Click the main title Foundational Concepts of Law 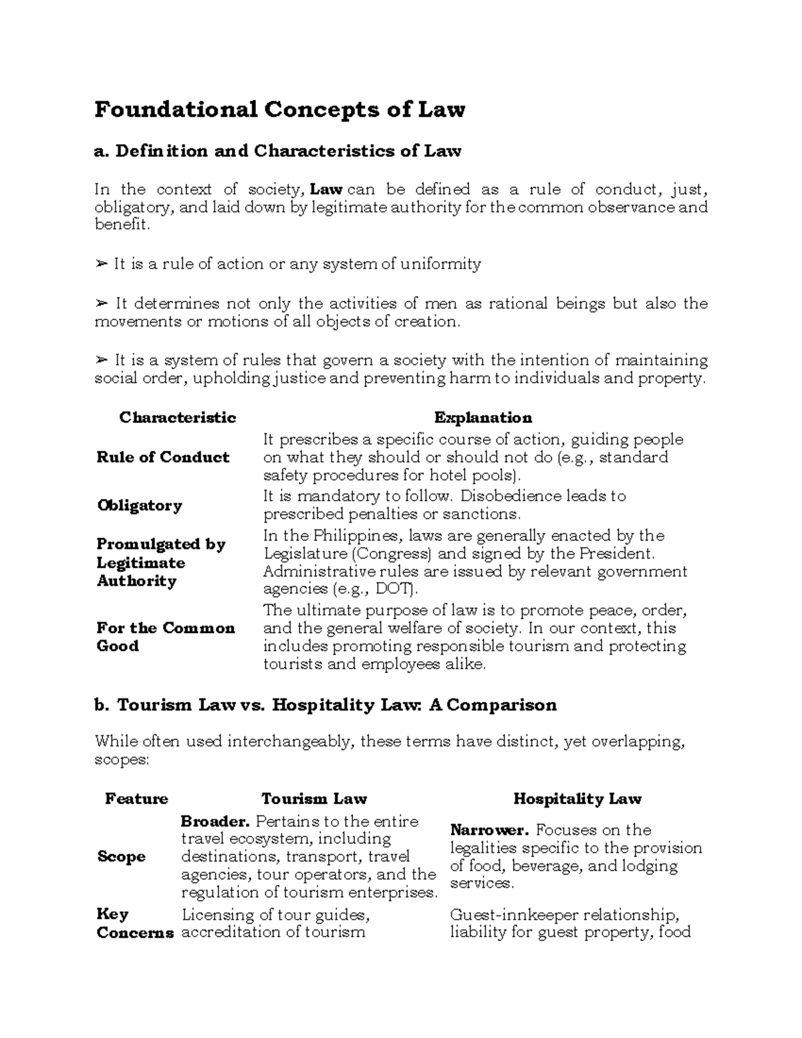(x=279, y=109)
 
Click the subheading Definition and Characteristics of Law (x=278, y=151)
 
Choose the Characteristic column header (x=177, y=418)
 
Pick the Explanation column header (x=483, y=418)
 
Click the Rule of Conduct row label (x=162, y=457)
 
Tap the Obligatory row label (x=139, y=505)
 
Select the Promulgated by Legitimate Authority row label (x=160, y=562)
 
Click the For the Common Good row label (x=165, y=637)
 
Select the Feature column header (x=136, y=799)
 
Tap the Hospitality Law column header (x=577, y=799)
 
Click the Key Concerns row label (x=134, y=923)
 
